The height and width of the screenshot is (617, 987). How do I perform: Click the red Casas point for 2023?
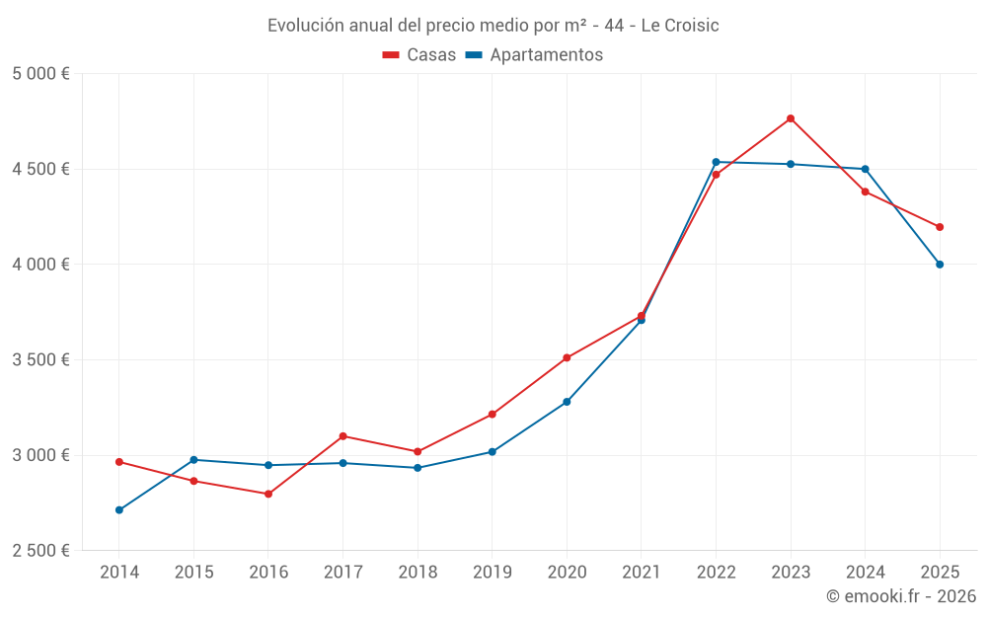tap(791, 118)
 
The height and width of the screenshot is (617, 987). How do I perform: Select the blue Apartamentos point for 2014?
tap(119, 510)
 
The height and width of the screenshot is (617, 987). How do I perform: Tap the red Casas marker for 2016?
tap(268, 494)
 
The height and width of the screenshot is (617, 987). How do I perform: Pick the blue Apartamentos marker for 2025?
tap(940, 265)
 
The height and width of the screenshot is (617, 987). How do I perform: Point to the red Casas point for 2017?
tap(342, 436)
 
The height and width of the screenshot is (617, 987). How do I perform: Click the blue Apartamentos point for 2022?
tap(716, 162)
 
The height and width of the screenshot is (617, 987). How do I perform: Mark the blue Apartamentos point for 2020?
tap(567, 402)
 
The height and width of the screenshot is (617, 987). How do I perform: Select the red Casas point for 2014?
tap(119, 462)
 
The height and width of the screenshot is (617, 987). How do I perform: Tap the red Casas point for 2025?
tap(940, 227)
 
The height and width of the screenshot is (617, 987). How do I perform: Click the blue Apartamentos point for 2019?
tap(493, 452)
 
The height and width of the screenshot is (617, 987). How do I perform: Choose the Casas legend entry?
tap(419, 55)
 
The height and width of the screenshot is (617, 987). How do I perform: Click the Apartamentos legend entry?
tap(534, 55)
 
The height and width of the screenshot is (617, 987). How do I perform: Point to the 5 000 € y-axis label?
tap(41, 74)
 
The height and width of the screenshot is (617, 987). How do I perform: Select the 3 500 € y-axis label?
tap(41, 360)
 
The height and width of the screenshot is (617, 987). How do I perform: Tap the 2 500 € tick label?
tap(41, 551)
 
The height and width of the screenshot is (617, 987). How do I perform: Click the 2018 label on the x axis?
tap(418, 573)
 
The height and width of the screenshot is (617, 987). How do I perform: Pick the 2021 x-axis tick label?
tap(642, 573)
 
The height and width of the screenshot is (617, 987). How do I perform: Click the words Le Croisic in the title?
tap(680, 26)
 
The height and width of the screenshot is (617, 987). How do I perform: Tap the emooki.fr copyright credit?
tap(901, 596)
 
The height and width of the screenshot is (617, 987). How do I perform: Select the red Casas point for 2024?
tap(865, 192)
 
